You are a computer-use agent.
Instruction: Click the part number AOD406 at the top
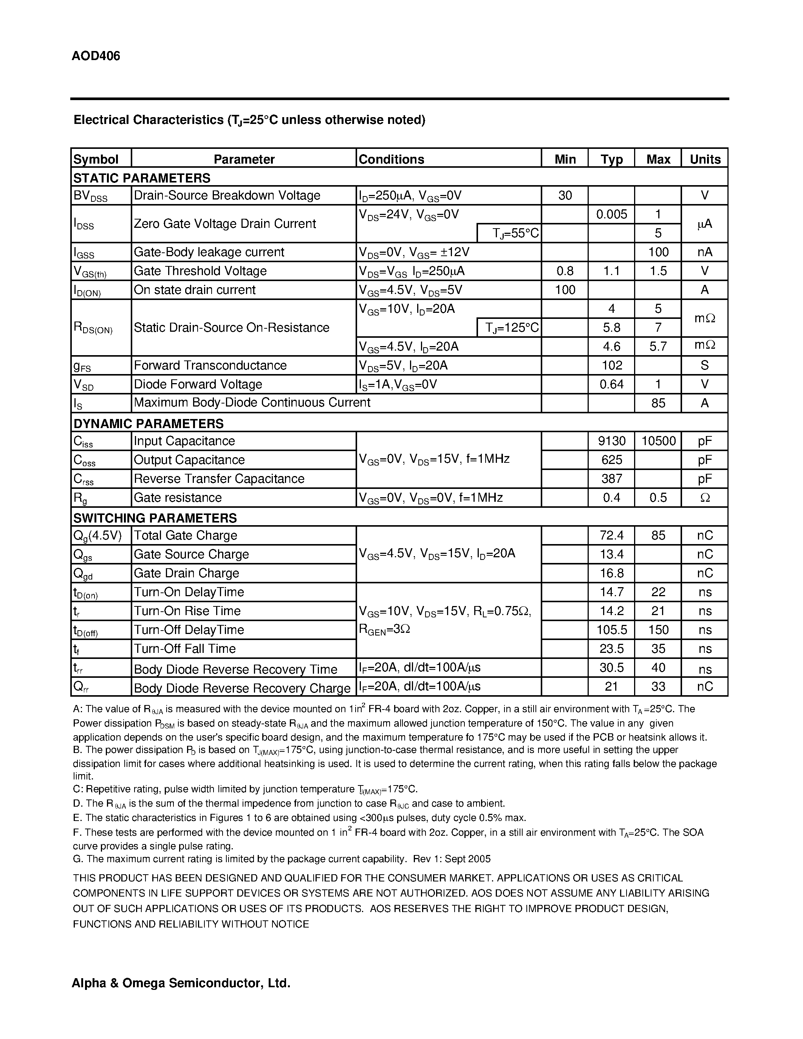click(96, 56)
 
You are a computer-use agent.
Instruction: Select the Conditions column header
click(391, 159)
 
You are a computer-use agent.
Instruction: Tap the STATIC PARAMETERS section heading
click(142, 178)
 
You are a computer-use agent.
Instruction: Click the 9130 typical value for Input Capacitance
click(611, 441)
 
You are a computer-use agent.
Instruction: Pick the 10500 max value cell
click(658, 441)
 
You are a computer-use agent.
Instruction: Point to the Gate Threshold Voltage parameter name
click(200, 271)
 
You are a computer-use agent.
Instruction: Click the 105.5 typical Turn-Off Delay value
click(611, 630)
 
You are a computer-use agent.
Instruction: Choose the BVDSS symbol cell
click(90, 196)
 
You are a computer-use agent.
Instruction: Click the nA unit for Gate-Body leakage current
click(704, 252)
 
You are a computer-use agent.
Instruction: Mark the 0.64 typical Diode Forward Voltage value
click(611, 384)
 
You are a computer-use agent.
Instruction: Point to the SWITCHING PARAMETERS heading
click(155, 518)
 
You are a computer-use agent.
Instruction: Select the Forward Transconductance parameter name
click(210, 365)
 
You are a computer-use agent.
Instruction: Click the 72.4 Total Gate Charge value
click(611, 536)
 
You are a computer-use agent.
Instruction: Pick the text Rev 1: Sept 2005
click(452, 859)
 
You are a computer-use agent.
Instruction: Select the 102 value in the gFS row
click(612, 365)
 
